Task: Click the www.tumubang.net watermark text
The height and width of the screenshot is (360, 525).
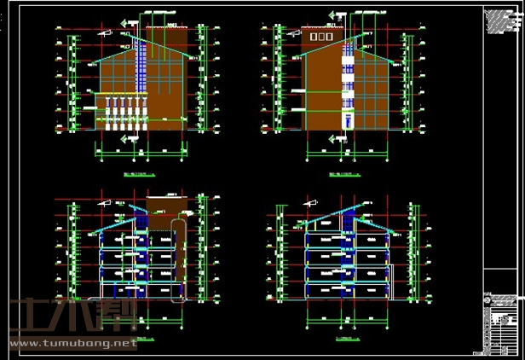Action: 72,344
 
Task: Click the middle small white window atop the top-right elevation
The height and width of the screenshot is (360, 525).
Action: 323,38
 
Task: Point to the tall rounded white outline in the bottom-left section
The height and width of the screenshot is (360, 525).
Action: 177,259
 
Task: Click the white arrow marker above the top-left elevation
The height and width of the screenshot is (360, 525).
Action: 130,22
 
